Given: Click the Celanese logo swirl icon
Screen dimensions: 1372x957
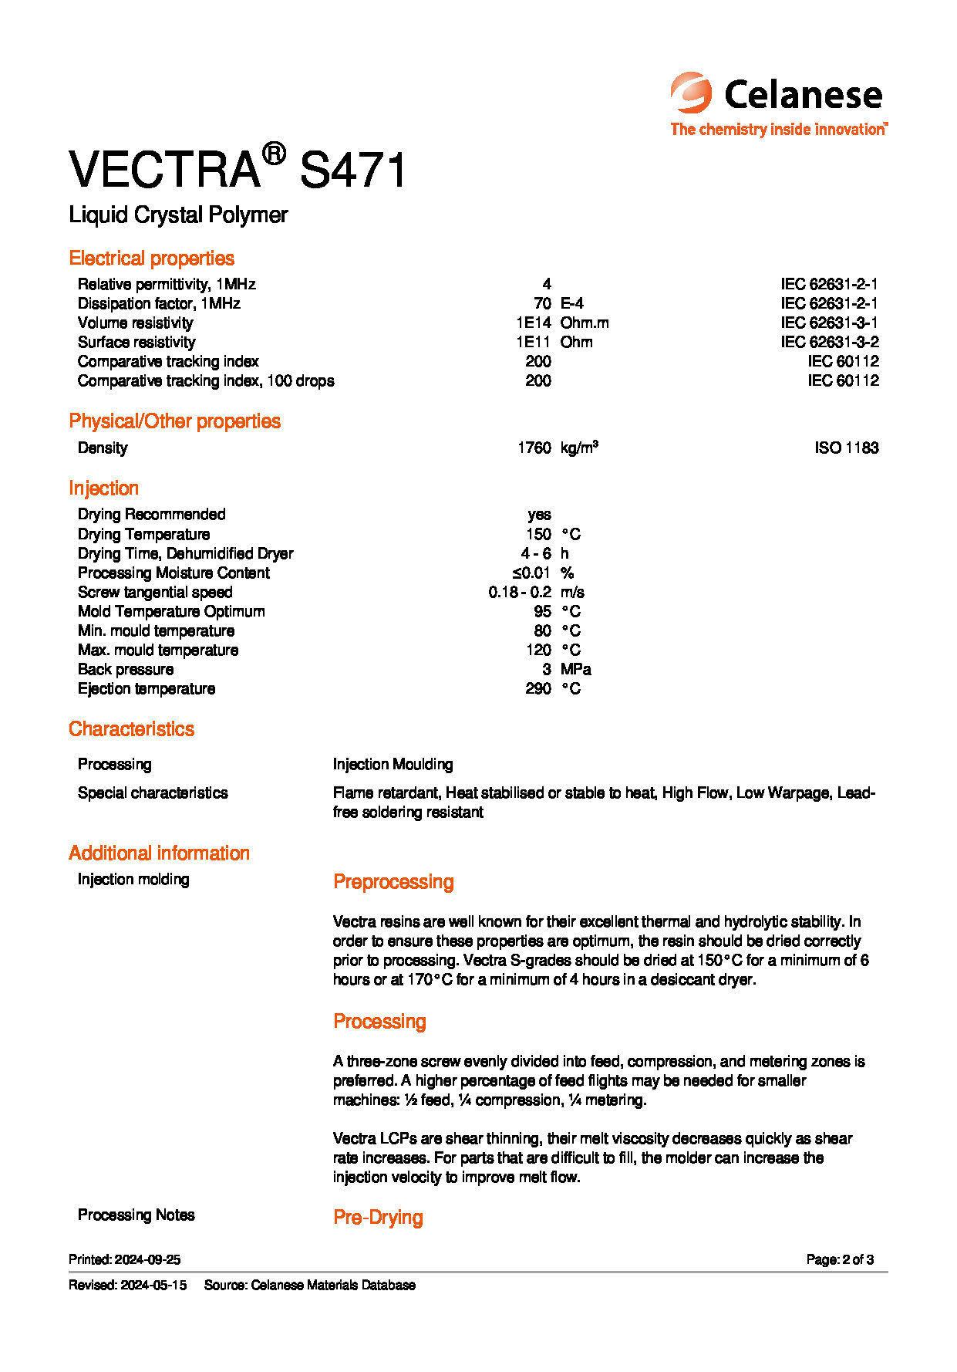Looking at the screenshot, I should [690, 93].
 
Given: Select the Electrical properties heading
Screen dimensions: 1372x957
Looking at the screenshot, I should [151, 259].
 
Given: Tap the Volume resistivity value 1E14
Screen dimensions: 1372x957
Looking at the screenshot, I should [534, 323].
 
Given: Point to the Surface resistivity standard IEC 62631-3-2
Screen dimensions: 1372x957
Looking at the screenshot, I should [829, 342].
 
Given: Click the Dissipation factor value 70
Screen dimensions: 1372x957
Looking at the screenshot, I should [542, 303].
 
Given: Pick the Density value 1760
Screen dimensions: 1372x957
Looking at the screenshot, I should [534, 448].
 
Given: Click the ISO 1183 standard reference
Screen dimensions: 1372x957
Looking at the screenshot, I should [846, 448].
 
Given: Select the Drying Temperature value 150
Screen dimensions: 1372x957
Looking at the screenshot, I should [538, 534].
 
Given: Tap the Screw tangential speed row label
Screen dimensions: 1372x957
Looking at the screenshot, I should [155, 592].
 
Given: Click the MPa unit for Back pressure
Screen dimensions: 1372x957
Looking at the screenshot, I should [575, 669].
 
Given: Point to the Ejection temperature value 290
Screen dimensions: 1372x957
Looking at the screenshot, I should [537, 688].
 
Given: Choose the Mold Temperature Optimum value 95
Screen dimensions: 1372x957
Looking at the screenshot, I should [542, 611].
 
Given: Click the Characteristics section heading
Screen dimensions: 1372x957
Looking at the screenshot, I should [131, 729].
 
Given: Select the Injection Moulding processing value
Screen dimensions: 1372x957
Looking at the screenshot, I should [393, 764].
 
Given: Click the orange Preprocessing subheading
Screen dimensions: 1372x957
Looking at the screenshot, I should [393, 882].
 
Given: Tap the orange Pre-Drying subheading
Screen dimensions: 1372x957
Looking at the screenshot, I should [378, 1218].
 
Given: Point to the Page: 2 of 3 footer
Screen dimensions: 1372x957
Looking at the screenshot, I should [840, 1259].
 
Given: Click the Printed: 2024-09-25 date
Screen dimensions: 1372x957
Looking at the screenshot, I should [124, 1259].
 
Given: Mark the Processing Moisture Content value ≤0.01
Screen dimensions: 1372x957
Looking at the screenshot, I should [531, 573].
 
